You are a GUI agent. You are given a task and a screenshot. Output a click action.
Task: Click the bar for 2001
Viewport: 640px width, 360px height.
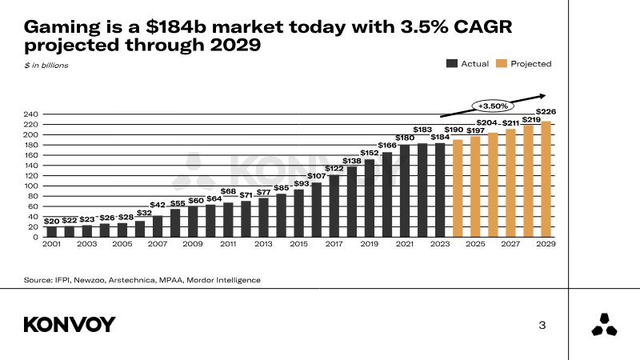52,232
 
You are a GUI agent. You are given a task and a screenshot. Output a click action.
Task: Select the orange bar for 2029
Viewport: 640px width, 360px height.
546,179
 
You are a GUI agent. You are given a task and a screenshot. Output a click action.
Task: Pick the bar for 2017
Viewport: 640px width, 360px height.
334,206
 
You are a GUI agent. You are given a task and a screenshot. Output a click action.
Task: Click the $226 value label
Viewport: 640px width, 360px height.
546,112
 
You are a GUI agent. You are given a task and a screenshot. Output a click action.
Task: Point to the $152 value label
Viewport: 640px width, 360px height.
370,152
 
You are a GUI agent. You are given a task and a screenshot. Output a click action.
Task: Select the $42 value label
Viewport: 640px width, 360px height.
158,206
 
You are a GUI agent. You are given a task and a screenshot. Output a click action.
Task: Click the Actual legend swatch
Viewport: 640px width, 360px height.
452,64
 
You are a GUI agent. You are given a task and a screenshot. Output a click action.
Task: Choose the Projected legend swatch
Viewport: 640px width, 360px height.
502,64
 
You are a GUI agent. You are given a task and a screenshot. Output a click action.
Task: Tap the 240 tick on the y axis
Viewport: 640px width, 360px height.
31,114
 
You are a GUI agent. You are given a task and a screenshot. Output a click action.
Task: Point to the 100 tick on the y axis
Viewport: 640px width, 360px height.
31,186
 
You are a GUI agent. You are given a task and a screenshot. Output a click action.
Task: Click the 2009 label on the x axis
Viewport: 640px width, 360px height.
193,244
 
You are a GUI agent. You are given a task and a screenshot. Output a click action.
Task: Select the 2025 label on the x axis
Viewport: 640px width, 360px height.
475,244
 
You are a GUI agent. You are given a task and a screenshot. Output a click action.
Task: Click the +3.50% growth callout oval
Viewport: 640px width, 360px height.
493,106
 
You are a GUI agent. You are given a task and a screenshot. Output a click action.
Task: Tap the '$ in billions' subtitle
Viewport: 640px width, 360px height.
46,65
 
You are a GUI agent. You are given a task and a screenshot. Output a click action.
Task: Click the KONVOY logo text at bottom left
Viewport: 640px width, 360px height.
70,324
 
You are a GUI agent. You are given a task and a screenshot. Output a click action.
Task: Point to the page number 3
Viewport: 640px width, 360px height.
542,325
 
